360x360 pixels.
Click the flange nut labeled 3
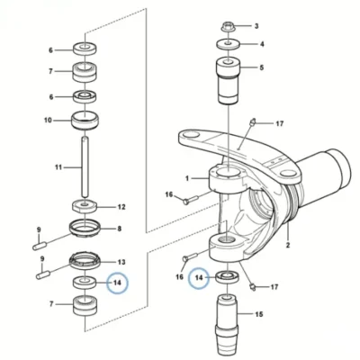tap(229, 26)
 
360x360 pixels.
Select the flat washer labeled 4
tap(229, 44)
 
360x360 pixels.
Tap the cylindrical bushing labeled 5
tap(229, 81)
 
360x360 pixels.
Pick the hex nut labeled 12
tap(85, 207)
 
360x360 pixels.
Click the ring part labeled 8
tap(85, 229)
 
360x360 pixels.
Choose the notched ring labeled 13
tap(85, 261)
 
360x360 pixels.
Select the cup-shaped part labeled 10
tap(85, 121)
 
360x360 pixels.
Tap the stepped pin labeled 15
tap(229, 325)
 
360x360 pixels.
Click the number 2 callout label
tap(288, 246)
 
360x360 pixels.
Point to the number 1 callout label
tap(187, 178)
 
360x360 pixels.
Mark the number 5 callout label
tap(262, 67)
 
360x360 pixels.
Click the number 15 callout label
tap(259, 314)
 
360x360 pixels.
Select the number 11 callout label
tap(58, 167)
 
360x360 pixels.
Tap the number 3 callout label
tap(256, 26)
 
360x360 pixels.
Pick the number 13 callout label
tap(121, 262)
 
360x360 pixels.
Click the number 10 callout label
tap(48, 121)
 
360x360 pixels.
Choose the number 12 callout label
tap(121, 207)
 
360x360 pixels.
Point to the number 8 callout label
tap(119, 229)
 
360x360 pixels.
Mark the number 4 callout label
tap(262, 44)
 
